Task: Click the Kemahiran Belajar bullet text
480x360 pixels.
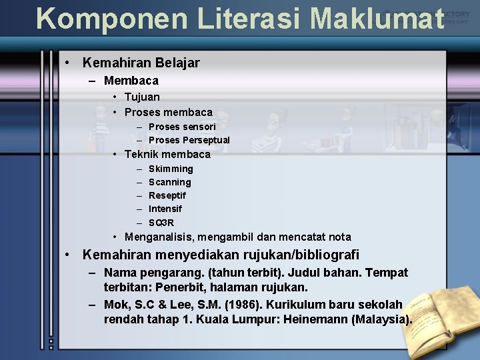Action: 141,63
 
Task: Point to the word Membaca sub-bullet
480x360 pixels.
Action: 131,81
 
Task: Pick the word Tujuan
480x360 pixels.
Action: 142,97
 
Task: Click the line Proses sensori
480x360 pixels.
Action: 182,127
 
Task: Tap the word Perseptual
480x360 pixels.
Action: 207,140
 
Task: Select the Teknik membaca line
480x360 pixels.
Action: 167,154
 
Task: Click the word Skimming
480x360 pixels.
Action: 171,169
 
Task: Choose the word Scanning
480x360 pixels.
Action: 169,182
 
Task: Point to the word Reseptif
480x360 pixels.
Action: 167,195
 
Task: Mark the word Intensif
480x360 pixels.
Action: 165,209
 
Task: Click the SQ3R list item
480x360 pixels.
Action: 161,223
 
